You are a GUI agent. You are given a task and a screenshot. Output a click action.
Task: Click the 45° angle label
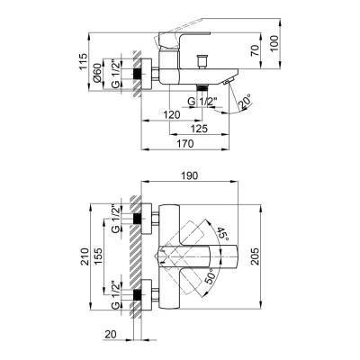[219, 239]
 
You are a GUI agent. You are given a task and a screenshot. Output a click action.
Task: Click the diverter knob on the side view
[202, 61]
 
